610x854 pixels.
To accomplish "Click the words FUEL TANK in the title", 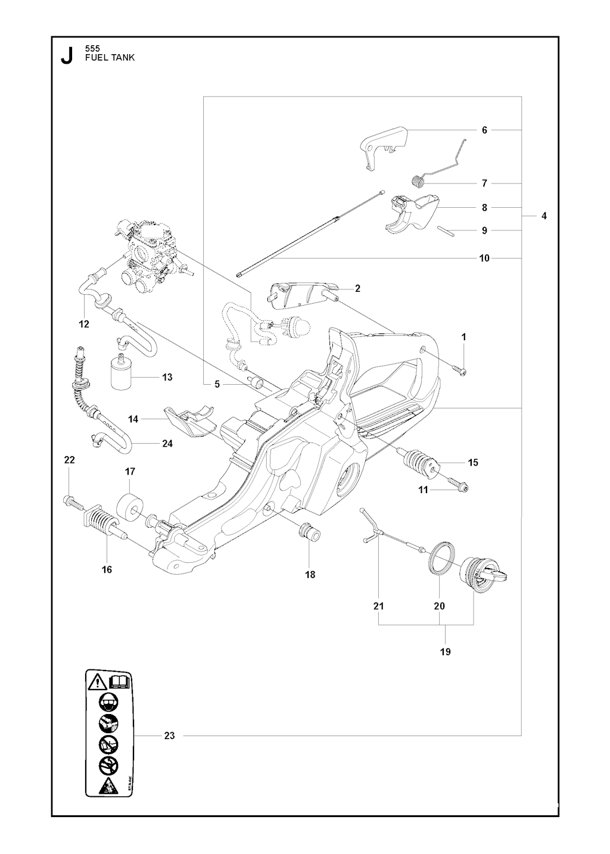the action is (110, 58).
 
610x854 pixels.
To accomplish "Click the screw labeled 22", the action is (74, 503).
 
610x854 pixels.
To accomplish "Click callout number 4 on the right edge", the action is (544, 216).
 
